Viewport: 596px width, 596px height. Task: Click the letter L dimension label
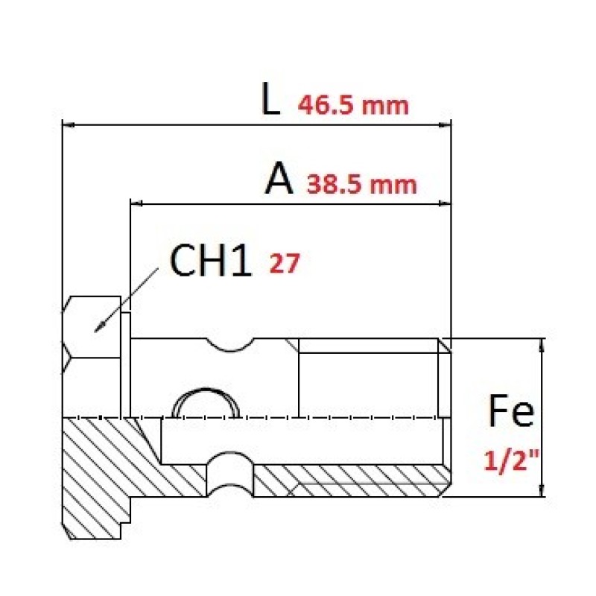[270, 99]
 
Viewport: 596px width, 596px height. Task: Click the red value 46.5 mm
[353, 105]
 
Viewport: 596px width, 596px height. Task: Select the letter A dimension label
[279, 178]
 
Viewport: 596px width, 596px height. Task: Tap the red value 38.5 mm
[361, 185]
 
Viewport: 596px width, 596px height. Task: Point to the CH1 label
[211, 260]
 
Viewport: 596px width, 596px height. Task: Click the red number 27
[285, 263]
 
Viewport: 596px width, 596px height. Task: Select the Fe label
[511, 410]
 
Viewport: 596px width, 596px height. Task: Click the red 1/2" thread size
[511, 460]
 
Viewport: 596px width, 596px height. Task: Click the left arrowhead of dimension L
[69, 124]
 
